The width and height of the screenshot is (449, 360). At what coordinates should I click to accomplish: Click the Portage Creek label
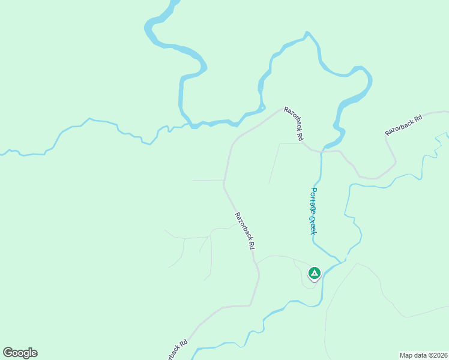[313, 211]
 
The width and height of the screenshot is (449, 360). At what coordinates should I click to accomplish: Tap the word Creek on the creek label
[313, 224]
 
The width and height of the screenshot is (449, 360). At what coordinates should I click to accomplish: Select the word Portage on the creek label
[313, 201]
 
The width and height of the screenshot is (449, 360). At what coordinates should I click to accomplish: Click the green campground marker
[313, 274]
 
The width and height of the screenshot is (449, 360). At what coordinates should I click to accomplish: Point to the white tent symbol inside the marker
[313, 273]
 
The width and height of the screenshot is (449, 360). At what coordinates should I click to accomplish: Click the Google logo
[20, 353]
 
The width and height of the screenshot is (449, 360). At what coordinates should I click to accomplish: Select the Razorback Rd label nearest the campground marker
[245, 231]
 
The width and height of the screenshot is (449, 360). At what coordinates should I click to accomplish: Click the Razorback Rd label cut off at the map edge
[175, 351]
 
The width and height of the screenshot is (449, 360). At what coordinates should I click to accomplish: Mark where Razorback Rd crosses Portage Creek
[321, 151]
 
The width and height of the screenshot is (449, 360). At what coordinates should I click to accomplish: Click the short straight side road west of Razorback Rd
[208, 180]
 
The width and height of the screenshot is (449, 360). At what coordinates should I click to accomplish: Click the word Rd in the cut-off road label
[184, 343]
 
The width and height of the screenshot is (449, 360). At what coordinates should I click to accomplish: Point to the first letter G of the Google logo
[8, 353]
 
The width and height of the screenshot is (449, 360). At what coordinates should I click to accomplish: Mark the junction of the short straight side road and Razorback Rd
[224, 180]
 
